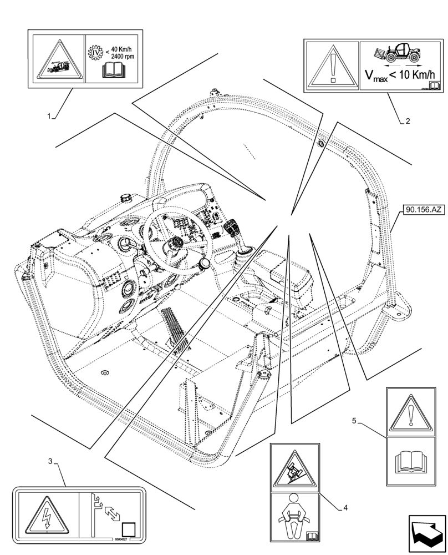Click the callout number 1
(49, 117)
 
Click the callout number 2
(408, 121)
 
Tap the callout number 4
(345, 507)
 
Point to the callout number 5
(354, 421)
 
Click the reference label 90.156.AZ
(424, 209)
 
